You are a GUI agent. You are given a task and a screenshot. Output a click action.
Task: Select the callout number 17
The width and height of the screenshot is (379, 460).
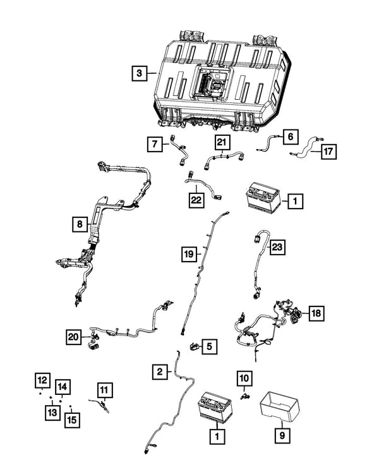pos(328,152)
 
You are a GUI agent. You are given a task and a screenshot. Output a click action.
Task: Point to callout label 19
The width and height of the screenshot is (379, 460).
pos(188,254)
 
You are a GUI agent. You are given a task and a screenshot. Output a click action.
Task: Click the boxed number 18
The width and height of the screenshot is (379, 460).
pos(316,313)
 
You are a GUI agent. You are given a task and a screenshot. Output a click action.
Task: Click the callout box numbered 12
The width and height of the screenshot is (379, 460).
pos(42,380)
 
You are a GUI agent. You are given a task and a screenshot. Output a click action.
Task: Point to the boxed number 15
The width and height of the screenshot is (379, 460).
pos(73,419)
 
